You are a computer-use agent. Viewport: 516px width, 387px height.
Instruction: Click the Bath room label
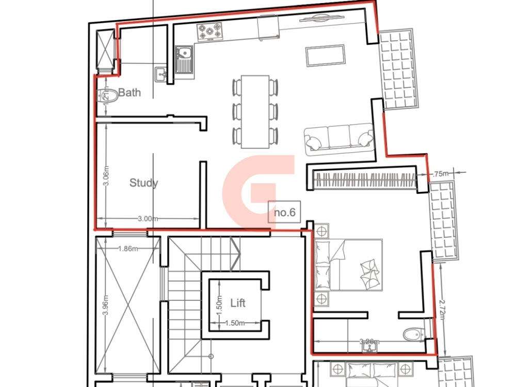pos(129,93)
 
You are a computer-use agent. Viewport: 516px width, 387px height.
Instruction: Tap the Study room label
pos(143,183)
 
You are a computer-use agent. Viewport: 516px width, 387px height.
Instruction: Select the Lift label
pos(237,303)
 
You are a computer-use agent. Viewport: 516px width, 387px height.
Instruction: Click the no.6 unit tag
pos(284,212)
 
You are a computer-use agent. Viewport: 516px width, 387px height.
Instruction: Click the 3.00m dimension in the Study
pos(148,219)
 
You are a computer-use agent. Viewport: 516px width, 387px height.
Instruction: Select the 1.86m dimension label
pos(128,249)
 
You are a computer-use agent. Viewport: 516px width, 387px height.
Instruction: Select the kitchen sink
pos(184,59)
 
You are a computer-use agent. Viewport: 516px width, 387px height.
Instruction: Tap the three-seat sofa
pos(338,139)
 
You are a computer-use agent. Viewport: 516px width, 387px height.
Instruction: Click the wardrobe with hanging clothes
pos(364,180)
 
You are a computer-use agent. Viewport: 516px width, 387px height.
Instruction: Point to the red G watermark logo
pos(258,186)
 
